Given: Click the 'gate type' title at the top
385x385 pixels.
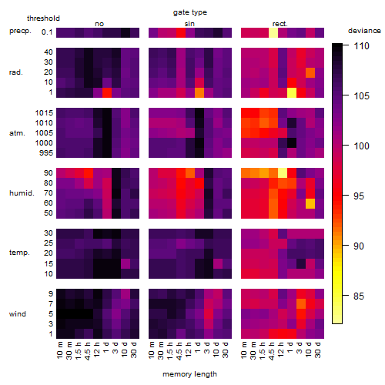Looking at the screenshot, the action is coord(190,12).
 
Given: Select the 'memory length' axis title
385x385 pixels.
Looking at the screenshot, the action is coord(189,374).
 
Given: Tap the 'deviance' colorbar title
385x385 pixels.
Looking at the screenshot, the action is coord(364,31).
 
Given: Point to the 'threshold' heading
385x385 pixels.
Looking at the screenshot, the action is coord(43,18).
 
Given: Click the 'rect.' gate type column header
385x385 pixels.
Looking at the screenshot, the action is coord(280,24).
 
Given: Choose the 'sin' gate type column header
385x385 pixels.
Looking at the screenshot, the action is coord(189,24).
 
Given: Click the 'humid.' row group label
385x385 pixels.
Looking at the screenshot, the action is coord(22,193).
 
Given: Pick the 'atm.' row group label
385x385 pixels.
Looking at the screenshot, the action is coord(17,133).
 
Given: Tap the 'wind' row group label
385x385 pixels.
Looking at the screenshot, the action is coord(18,314).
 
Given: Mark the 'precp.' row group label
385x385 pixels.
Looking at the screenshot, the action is coord(20,31).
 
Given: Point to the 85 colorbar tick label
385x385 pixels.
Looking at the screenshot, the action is coord(359,296).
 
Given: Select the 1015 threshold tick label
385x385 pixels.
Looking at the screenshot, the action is coord(44,113).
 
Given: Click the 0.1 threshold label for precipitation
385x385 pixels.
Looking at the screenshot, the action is coord(47,32).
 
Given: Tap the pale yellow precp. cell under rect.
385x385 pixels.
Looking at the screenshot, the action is coord(273,33).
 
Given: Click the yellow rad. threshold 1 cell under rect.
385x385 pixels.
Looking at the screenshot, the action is coord(292,92).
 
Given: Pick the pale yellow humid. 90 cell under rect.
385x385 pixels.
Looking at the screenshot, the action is coord(283,173).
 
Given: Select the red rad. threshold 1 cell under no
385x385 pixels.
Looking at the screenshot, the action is coord(107,92).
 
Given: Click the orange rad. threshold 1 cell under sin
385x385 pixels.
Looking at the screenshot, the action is coord(199,92).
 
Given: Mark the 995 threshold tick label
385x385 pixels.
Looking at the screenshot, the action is coord(46,153).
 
